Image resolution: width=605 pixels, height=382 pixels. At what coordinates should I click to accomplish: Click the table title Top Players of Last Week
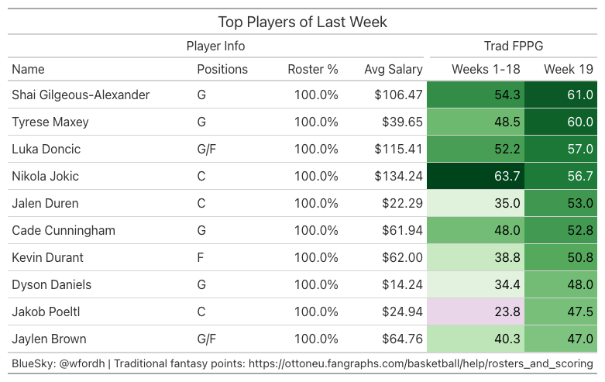click(302, 22)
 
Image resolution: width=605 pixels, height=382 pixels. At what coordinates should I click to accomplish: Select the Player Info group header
click(215, 46)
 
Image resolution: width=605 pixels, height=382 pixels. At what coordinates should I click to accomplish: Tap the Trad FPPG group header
click(514, 46)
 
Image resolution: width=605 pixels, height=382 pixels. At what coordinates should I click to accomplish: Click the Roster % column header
click(313, 69)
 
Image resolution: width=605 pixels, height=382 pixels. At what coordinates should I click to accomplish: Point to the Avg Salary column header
click(394, 70)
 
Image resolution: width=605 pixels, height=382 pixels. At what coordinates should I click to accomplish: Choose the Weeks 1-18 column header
click(486, 69)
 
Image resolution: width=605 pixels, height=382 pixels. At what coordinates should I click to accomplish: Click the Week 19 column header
click(569, 69)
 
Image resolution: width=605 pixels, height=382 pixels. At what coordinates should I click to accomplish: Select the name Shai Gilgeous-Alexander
click(81, 95)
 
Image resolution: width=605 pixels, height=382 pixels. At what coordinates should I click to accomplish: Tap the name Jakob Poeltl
click(46, 311)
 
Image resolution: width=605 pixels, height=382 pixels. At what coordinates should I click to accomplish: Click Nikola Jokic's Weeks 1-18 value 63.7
click(507, 177)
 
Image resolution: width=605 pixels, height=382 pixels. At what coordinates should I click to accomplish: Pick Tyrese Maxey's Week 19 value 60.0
click(580, 122)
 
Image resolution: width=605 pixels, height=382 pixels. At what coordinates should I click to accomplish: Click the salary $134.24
click(399, 177)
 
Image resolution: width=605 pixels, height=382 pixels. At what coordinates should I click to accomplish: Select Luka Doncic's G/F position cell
click(206, 150)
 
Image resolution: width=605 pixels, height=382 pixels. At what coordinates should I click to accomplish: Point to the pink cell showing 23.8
click(476, 311)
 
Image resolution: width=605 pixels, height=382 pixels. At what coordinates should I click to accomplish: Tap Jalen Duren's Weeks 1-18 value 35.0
click(507, 203)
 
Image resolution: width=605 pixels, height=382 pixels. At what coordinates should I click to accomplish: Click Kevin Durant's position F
click(201, 257)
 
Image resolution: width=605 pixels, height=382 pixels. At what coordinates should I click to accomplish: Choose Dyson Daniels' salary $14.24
click(403, 285)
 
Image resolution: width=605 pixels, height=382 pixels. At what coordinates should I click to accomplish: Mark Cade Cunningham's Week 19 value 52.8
click(580, 230)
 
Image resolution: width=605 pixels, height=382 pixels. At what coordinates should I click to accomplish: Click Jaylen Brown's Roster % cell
click(316, 339)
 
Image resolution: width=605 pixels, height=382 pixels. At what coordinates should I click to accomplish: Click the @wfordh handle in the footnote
click(82, 363)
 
